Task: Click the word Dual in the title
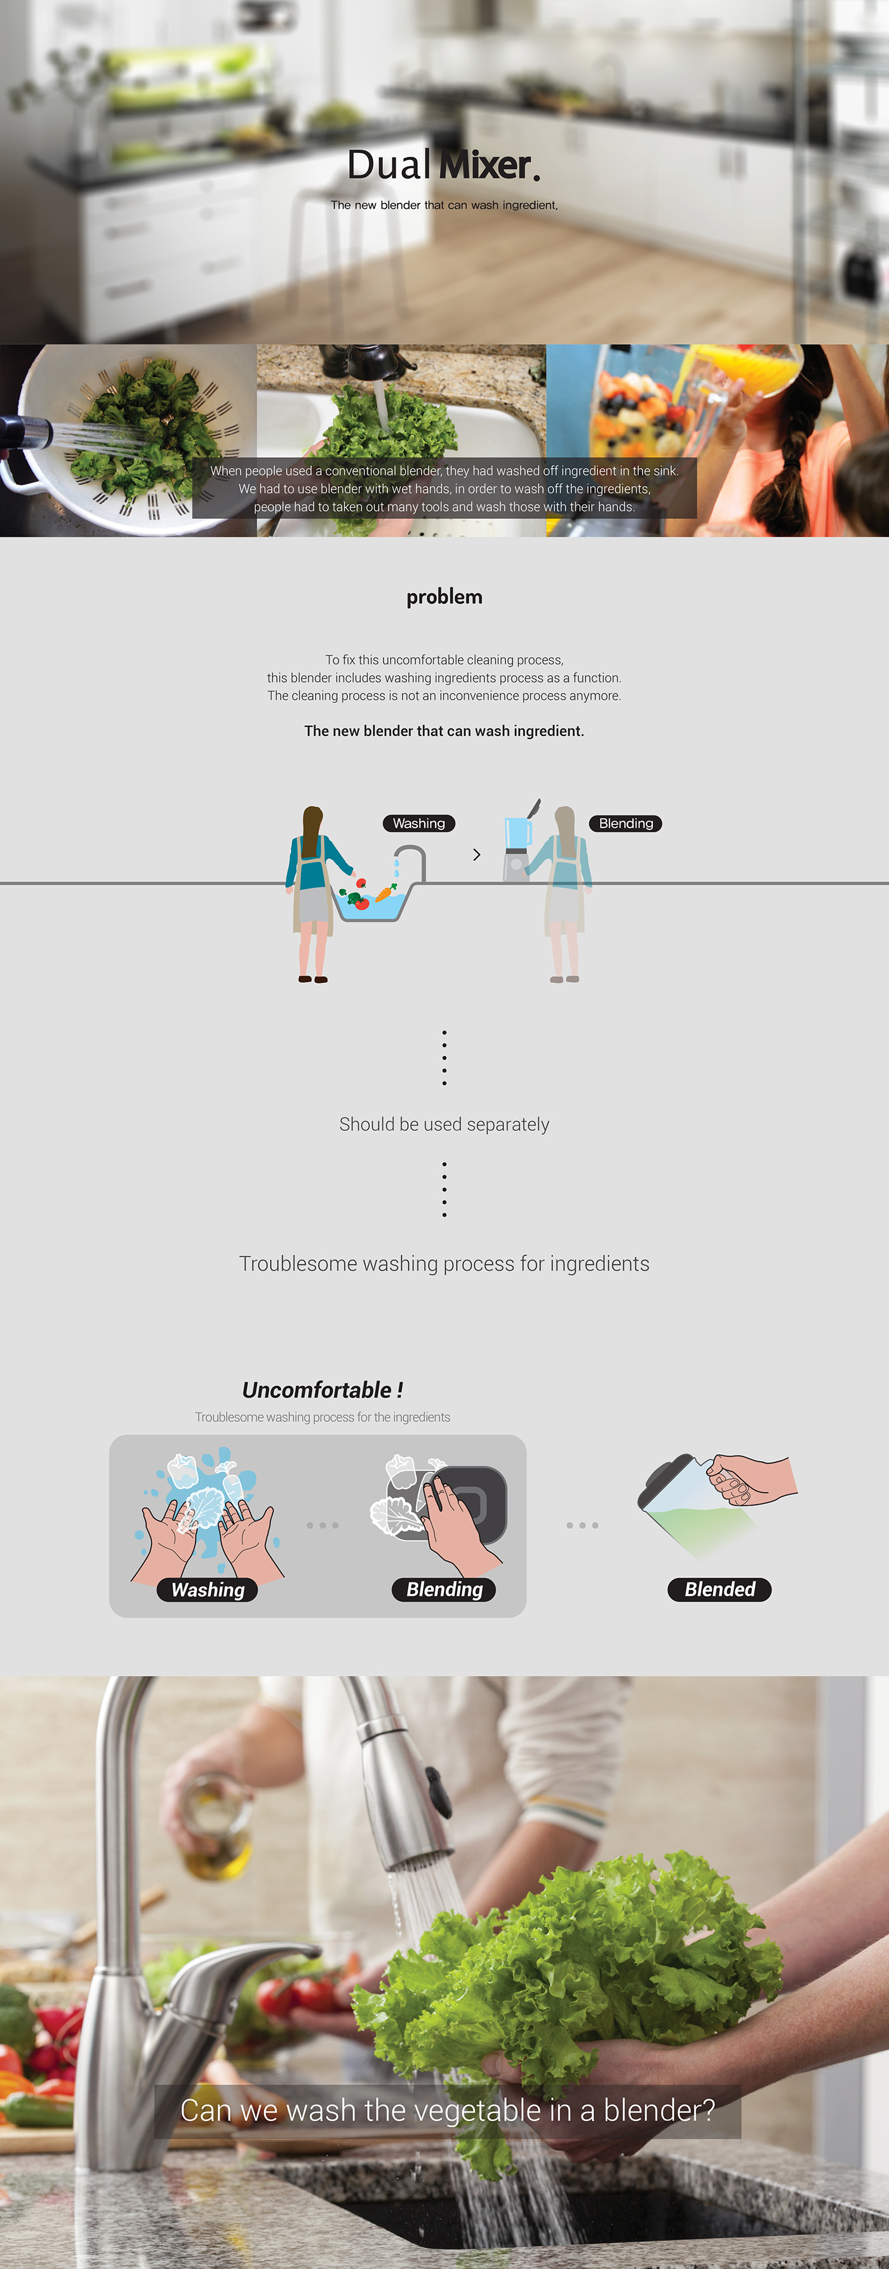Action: click(389, 164)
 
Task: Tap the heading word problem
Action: click(444, 596)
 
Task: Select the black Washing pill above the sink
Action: click(418, 824)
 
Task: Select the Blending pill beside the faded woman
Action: click(625, 824)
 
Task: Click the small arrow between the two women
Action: click(477, 854)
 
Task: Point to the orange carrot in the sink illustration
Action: click(385, 894)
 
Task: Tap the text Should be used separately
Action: click(444, 1125)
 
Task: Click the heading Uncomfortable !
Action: click(323, 1390)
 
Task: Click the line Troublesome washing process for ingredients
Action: click(444, 1264)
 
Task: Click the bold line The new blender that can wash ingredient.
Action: click(444, 731)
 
